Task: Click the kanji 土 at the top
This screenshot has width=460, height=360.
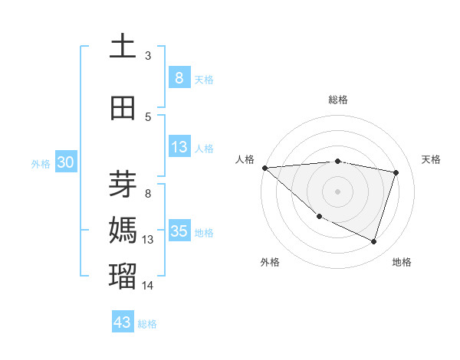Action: click(123, 46)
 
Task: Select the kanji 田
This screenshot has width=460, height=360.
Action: click(123, 108)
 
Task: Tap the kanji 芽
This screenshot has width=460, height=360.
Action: click(123, 184)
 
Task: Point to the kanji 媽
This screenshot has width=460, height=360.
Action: click(123, 229)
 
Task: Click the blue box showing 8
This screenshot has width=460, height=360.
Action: click(179, 78)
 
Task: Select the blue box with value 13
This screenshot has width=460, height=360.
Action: click(179, 147)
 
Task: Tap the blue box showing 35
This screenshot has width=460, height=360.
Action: click(179, 231)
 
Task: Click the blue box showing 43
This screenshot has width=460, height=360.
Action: click(123, 322)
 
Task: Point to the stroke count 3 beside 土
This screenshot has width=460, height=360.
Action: click(148, 55)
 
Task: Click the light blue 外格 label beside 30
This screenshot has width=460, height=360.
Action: click(41, 163)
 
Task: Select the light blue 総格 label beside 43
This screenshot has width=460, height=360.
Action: click(147, 324)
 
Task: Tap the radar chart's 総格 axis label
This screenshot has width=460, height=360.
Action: click(337, 100)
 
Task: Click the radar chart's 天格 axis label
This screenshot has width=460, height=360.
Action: click(432, 159)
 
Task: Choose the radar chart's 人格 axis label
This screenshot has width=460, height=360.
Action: click(245, 159)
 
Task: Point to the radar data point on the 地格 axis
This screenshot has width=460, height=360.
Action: click(374, 242)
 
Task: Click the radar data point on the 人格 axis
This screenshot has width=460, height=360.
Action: click(264, 168)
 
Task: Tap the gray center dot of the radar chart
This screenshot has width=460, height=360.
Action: click(337, 191)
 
